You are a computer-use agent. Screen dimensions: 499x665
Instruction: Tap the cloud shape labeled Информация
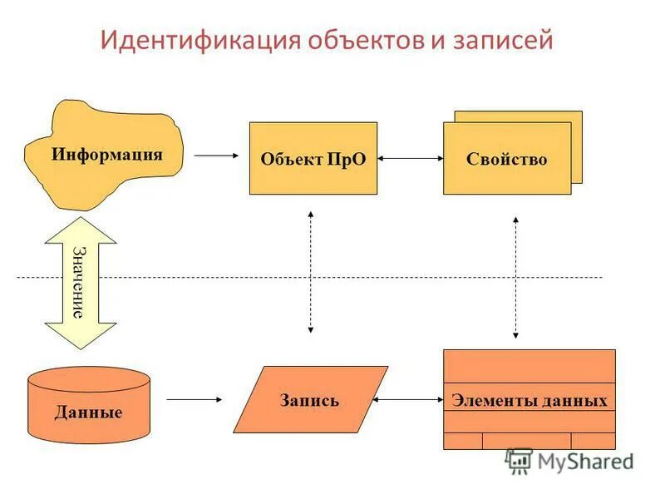pos(106,154)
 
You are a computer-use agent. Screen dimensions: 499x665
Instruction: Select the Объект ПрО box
pos(313,159)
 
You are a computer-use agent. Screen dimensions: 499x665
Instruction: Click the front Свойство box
pos(506,159)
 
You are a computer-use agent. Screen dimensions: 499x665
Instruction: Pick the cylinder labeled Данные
pos(89,412)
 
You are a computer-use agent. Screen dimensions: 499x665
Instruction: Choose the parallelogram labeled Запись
pos(309,400)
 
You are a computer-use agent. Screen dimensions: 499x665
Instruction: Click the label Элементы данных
pos(529,400)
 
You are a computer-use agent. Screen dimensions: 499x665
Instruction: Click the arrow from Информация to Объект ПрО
pos(215,155)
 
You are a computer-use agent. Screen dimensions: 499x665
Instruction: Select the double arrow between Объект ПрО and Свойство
pos(410,158)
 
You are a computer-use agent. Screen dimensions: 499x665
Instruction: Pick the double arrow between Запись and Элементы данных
pos(411,400)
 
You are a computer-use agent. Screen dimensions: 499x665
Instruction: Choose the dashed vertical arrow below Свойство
pos(515,276)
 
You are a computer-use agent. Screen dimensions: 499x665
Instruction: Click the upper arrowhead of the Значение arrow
pos(80,228)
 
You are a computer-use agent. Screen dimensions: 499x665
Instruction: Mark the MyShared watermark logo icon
pos(520,461)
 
